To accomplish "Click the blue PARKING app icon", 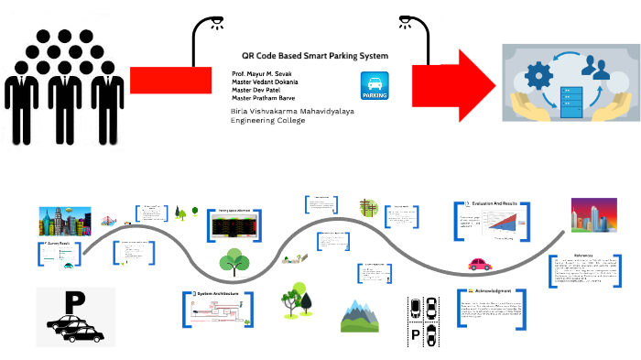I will pyautogui.click(x=375, y=85).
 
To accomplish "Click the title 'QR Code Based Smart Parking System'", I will pyautogui.click(x=309, y=56).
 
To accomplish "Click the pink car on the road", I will pyautogui.click(x=480, y=265).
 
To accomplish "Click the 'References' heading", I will pyautogui.click(x=583, y=256).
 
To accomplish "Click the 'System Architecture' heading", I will pyautogui.click(x=217, y=294).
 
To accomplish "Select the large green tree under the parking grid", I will pyautogui.click(x=234, y=263).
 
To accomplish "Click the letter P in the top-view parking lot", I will pyautogui.click(x=415, y=334).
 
